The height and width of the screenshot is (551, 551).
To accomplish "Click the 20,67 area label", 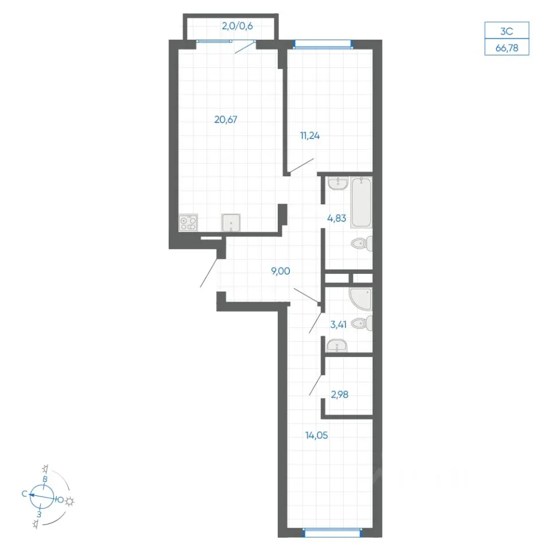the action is point(226,120).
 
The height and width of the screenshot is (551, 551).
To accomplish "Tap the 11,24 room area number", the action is point(309,135).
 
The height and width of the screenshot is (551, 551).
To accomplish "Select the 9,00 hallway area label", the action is point(281,271).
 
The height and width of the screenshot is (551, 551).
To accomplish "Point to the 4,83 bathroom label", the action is point(337,218).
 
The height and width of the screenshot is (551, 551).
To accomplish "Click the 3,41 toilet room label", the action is point(338,325).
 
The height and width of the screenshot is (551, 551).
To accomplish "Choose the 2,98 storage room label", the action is point(339,395).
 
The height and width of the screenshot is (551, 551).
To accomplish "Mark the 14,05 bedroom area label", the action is point(316,436).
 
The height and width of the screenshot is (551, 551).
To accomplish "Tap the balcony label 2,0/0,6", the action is point(237,26).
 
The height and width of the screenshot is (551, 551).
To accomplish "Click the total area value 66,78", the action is point(507,48).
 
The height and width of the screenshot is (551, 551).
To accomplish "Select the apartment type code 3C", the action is point(507,31).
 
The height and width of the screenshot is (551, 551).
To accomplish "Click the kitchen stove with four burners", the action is point(188,223).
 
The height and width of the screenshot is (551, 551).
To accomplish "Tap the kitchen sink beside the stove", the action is point(231,223).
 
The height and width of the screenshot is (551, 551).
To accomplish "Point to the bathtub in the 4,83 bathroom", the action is point(361,203).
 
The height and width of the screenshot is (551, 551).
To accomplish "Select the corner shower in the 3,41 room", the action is point(361,299).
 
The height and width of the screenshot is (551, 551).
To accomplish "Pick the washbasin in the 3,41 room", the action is point(337,346).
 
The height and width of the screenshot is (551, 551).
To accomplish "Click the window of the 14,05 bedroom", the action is point(332,533).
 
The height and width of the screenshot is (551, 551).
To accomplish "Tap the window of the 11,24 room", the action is point(323,44).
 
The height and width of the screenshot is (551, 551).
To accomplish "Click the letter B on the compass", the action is point(45,479).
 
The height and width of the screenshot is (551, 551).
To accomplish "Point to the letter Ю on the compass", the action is point(60,500).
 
